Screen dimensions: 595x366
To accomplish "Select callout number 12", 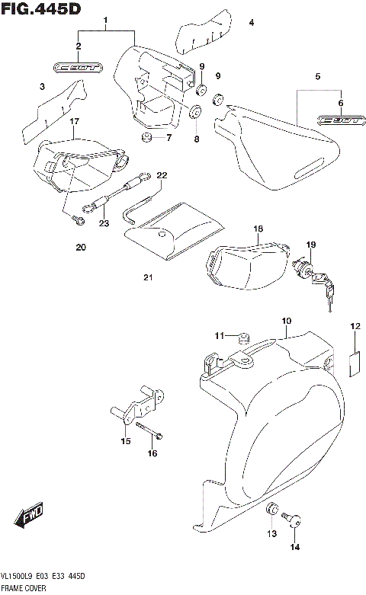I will click(355, 327).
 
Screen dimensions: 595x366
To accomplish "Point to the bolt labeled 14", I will click(294, 521).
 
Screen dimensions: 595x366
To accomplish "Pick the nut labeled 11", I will click(243, 336).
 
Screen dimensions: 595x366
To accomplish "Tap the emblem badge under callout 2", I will click(78, 68).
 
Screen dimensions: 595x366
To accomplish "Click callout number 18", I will click(258, 229).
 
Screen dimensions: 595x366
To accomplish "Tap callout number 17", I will click(75, 121).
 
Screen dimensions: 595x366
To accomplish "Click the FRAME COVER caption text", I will click(25, 589).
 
